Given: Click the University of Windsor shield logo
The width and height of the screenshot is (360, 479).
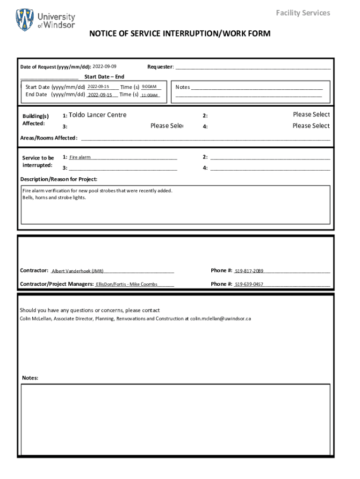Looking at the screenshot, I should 25,20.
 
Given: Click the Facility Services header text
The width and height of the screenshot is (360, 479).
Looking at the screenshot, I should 302,13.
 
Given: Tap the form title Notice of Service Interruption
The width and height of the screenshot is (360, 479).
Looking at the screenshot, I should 180,34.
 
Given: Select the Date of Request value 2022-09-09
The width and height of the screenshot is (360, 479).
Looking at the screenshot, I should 105,66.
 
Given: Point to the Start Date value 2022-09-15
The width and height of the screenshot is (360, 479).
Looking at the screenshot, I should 98,87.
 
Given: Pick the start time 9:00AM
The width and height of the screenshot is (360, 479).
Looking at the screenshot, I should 149,87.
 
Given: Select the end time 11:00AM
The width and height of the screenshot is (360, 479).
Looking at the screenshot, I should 150,95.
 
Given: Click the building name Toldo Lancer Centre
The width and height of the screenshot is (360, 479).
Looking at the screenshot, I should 97,115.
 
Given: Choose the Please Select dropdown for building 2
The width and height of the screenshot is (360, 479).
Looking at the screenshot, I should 311,115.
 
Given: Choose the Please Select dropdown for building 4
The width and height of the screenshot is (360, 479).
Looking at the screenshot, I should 311,126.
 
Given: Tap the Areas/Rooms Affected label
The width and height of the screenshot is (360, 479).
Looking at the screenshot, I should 49,138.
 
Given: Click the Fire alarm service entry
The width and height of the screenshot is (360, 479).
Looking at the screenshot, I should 80,158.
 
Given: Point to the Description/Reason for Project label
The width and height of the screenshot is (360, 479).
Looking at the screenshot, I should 59,179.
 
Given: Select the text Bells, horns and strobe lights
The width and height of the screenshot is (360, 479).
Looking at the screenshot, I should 54,197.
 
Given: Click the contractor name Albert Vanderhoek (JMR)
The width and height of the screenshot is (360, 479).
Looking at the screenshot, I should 78,271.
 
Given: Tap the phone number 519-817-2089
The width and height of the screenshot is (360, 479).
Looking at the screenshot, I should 249,271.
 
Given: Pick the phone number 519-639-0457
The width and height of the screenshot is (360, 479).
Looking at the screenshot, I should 249,284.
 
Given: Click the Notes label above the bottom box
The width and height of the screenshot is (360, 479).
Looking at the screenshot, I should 30,378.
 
